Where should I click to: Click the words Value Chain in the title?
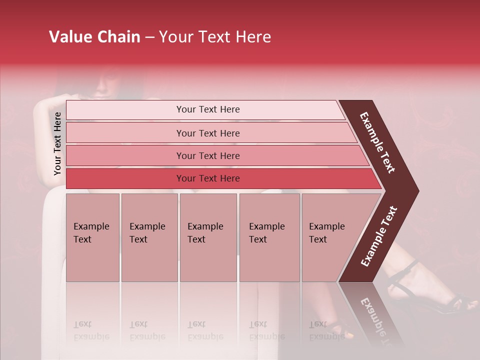click(x=94, y=37)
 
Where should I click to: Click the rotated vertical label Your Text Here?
click(x=57, y=143)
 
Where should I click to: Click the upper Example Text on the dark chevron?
click(x=377, y=142)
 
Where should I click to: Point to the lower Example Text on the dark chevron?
click(x=378, y=236)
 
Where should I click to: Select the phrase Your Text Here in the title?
click(x=215, y=37)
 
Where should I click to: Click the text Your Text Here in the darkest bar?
click(x=208, y=178)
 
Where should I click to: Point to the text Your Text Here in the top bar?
click(x=208, y=109)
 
